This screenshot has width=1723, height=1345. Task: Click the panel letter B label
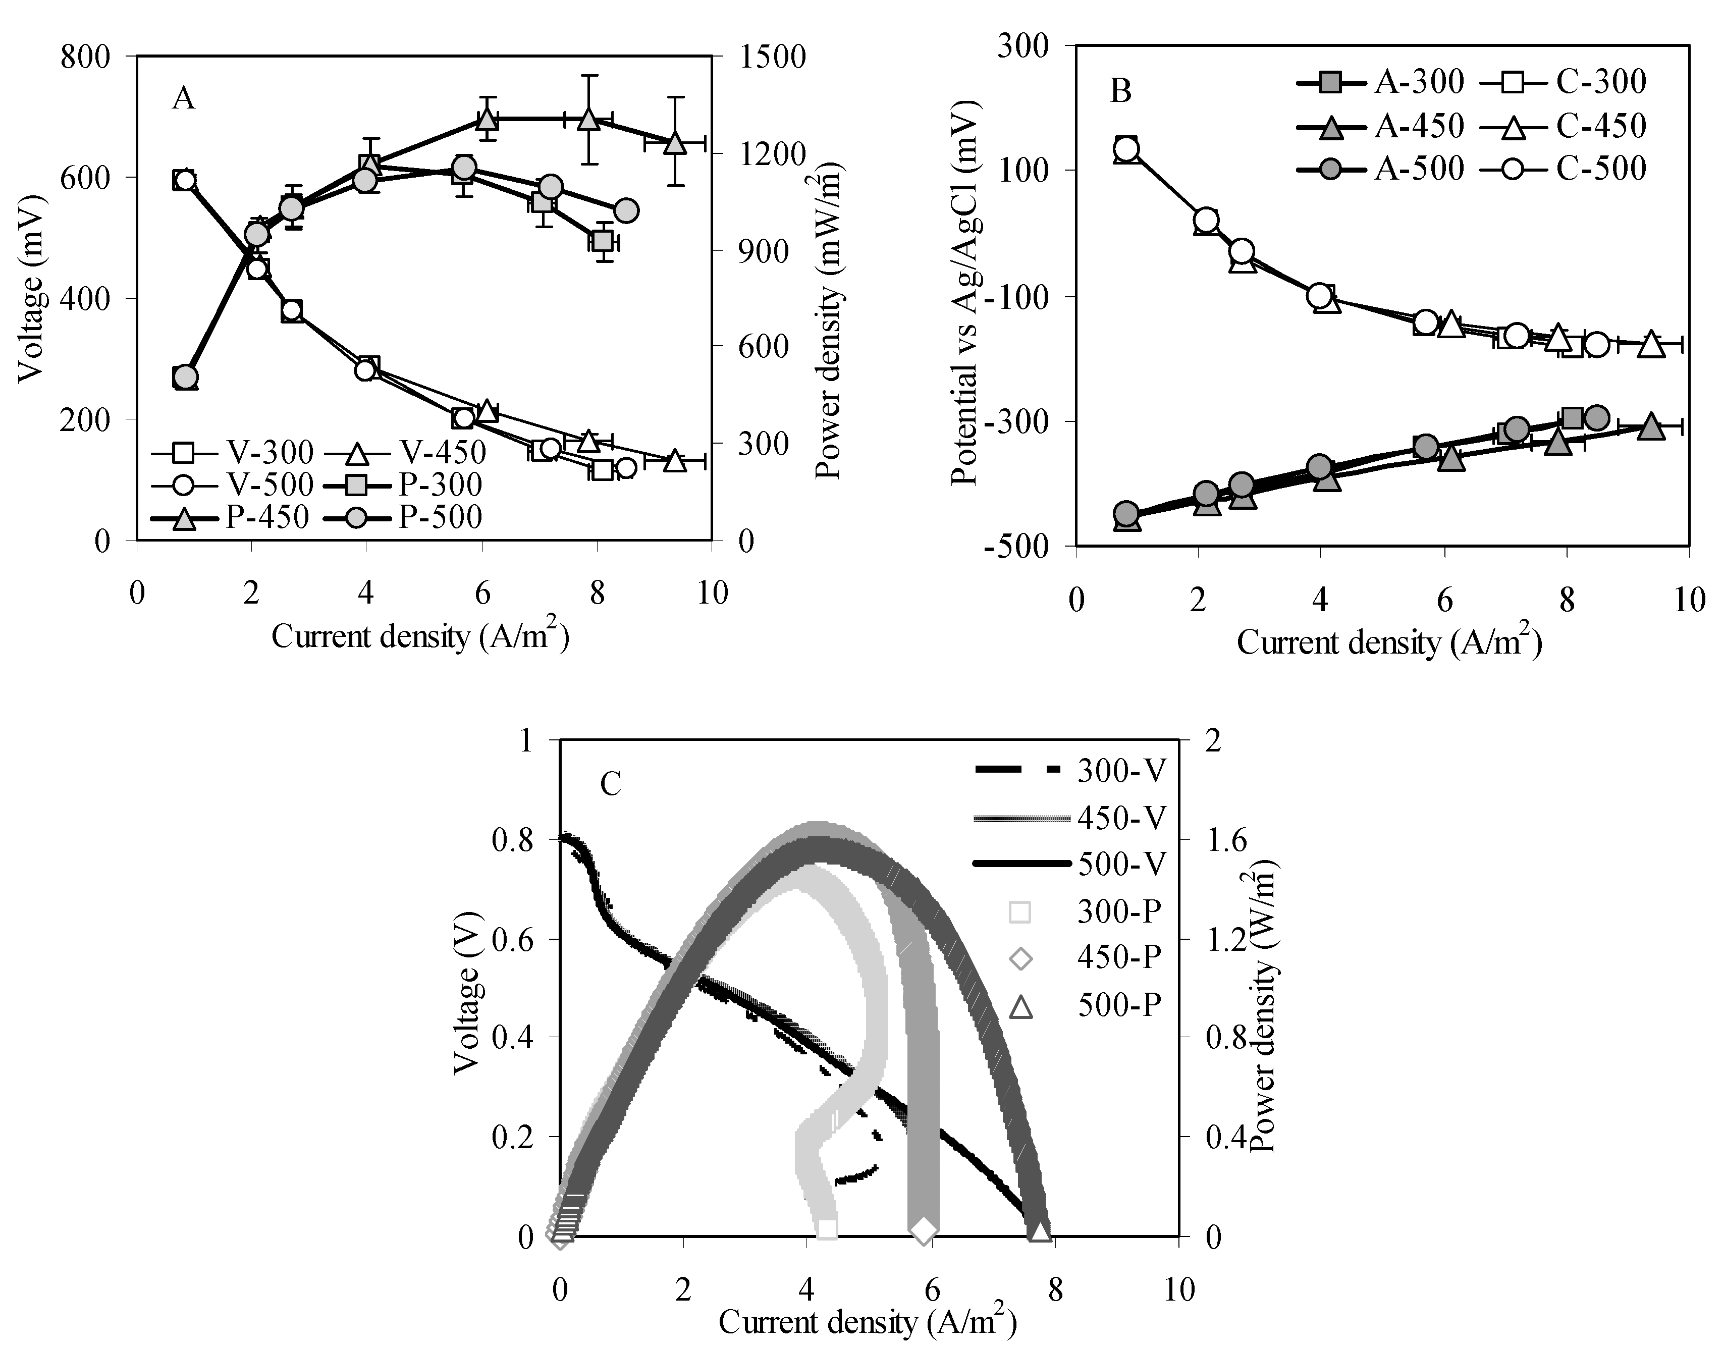coord(1120,91)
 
